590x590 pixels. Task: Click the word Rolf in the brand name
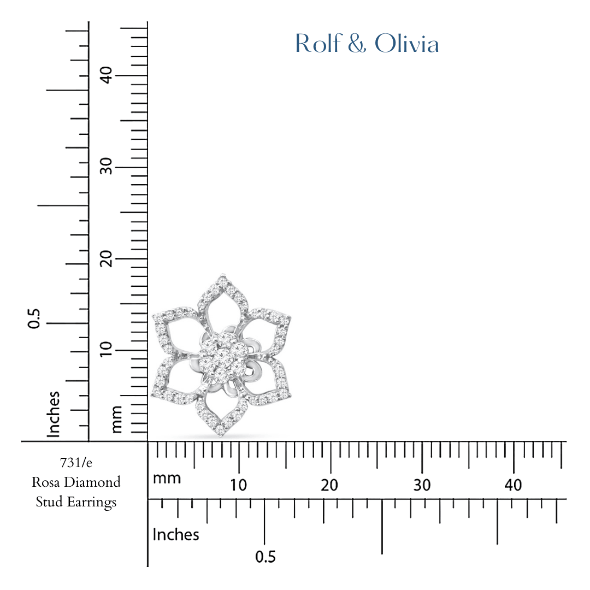[316, 44]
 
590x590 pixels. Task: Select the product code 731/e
[76, 463]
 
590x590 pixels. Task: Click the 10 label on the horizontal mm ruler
[239, 485]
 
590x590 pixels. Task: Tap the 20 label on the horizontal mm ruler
[330, 485]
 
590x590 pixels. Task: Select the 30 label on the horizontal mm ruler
[422, 485]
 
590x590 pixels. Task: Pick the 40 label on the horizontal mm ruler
[514, 485]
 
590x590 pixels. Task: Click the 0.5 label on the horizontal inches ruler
[265, 557]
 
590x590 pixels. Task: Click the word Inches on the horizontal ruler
[176, 534]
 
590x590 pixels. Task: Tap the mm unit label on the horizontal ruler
[167, 479]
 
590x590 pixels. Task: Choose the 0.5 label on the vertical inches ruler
[34, 318]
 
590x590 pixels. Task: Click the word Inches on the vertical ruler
[53, 414]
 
